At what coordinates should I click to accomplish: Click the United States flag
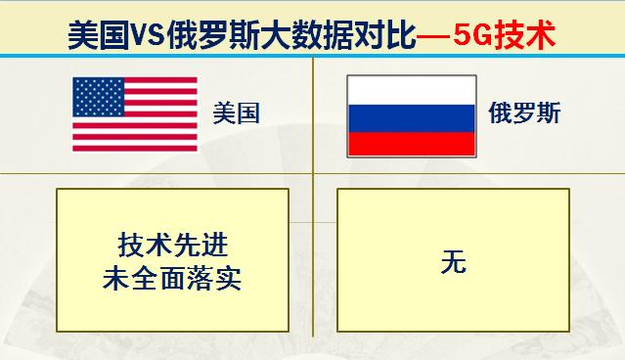134,113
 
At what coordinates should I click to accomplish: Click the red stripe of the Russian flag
411,142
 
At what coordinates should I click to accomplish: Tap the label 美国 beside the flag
237,113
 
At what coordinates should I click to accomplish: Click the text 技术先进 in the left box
171,245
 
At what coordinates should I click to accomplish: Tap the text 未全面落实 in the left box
171,279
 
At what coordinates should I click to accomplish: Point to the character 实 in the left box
229,279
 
